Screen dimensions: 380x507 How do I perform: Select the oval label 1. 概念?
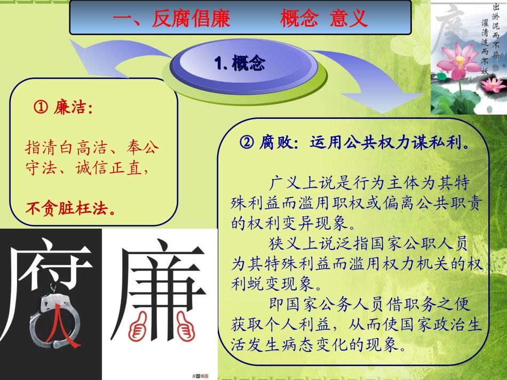[x=240, y=64]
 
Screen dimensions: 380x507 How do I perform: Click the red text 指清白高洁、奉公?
[x=92, y=147]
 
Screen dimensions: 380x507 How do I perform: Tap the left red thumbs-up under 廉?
[x=140, y=325]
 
